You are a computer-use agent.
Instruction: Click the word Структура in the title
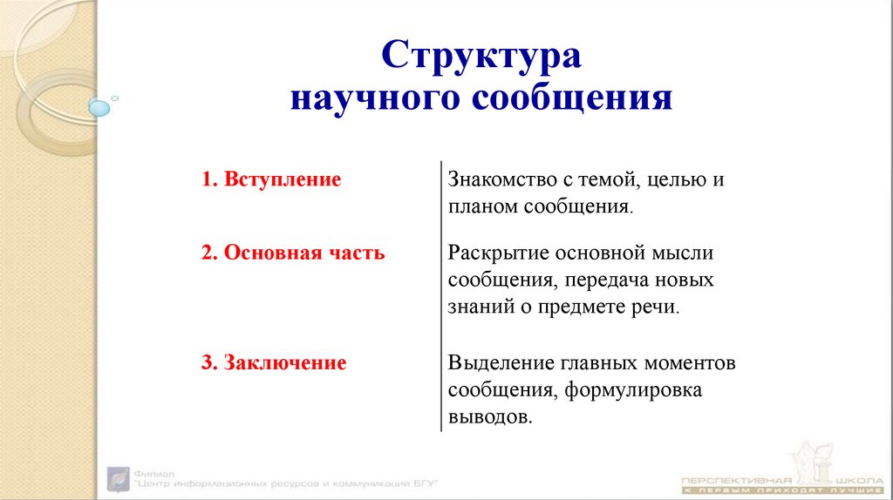pyautogui.click(x=481, y=57)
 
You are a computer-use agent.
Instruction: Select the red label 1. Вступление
pyautogui.click(x=270, y=180)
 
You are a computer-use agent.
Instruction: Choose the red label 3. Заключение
pyautogui.click(x=274, y=362)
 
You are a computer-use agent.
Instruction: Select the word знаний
pyautogui.click(x=479, y=308)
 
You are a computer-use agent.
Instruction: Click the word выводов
pyautogui.click(x=489, y=417)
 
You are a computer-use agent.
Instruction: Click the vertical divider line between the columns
pyautogui.click(x=441, y=296)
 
